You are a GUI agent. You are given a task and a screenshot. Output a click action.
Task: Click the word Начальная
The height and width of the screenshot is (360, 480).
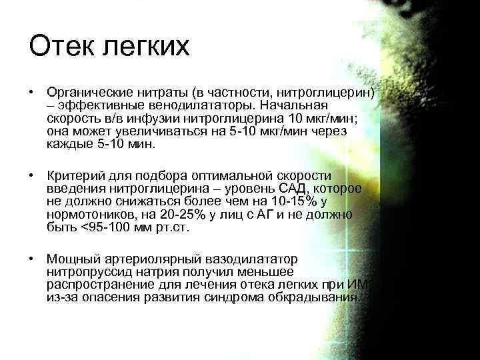(x=299, y=105)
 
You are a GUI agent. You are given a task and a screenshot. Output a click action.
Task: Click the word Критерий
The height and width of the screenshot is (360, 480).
(x=74, y=175)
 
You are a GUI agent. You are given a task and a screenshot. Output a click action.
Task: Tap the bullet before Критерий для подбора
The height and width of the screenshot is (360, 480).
(x=31, y=175)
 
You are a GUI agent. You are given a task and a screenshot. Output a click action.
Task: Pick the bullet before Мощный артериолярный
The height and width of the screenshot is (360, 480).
(x=31, y=258)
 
